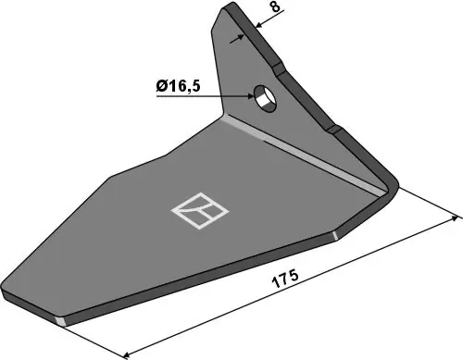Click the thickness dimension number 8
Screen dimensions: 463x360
[276, 6]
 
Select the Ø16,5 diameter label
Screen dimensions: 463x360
[178, 86]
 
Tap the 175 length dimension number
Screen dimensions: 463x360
[285, 279]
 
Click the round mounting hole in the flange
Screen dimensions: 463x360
[265, 99]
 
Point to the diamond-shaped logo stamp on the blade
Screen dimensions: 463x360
[200, 211]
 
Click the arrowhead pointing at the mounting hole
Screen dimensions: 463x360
[250, 96]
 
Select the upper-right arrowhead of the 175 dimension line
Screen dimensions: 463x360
[455, 217]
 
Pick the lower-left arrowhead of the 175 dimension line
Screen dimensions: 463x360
[127, 354]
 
